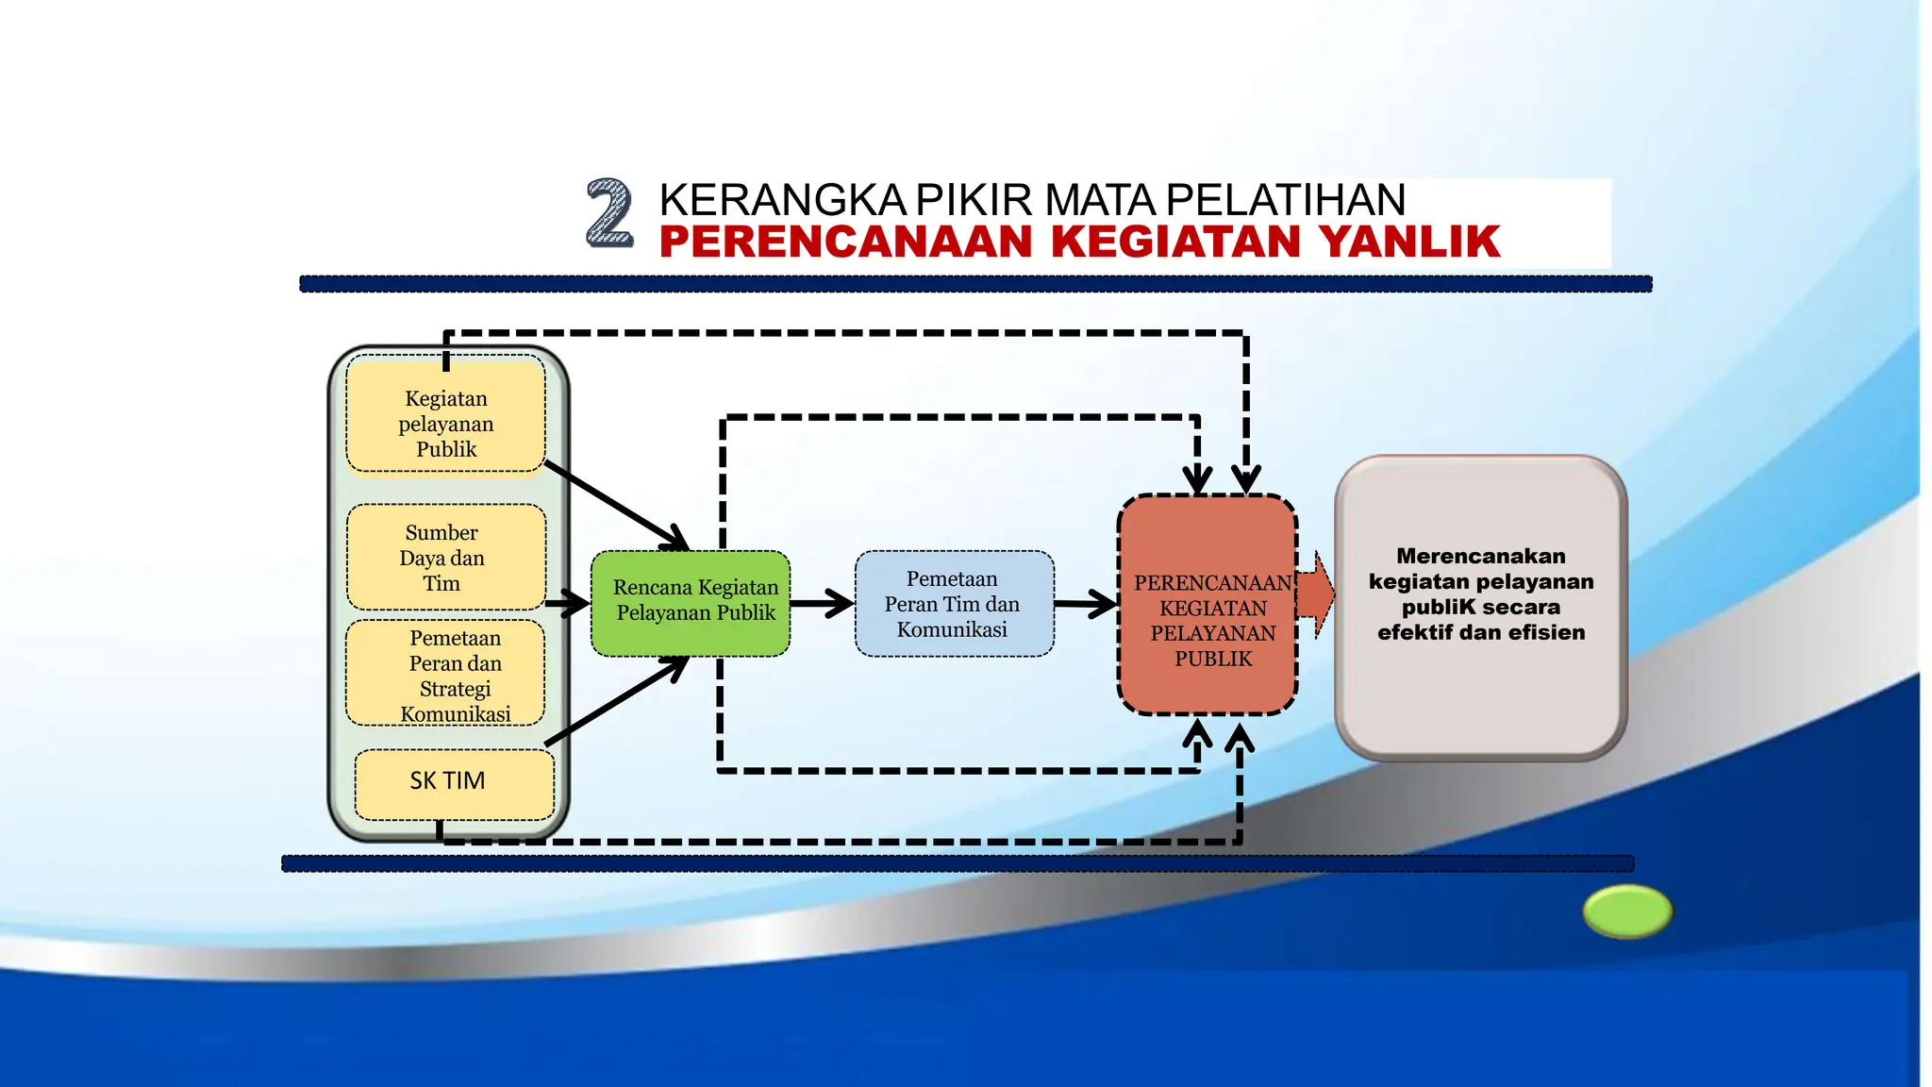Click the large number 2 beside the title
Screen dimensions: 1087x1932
coord(609,213)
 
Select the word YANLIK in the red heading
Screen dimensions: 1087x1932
coord(1409,242)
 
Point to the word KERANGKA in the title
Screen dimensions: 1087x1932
coord(783,200)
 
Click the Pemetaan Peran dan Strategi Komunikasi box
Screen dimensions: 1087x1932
coord(445,673)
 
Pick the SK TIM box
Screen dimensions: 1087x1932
coord(453,783)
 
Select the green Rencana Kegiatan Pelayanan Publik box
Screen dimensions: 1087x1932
coord(691,602)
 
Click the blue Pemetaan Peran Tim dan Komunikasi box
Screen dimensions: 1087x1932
coord(954,604)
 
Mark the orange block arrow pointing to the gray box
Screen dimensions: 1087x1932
coord(1317,594)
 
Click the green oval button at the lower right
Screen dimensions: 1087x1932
coord(1627,911)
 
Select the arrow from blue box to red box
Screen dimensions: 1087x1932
coord(1086,604)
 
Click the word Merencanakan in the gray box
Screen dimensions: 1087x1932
coord(1480,557)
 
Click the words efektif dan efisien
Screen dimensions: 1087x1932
coord(1480,632)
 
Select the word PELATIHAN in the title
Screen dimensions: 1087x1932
coord(1285,200)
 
